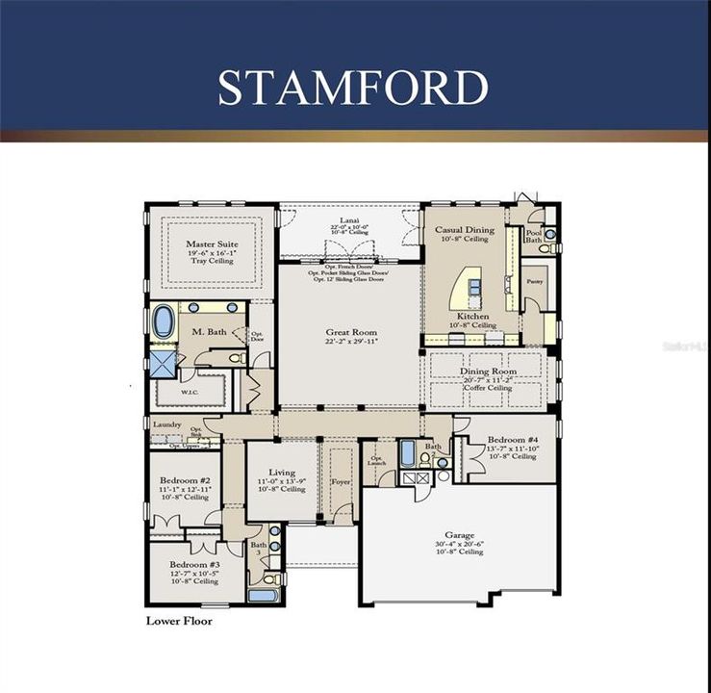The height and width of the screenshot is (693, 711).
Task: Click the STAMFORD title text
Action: [x=353, y=87]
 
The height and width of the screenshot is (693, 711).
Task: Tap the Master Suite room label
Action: [x=212, y=244]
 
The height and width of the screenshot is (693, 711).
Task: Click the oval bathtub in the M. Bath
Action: [x=164, y=321]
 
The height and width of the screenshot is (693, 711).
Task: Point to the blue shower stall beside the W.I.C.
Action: [x=160, y=363]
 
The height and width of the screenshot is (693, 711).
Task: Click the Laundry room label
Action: [x=167, y=424]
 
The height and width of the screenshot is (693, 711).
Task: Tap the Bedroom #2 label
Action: [x=185, y=480]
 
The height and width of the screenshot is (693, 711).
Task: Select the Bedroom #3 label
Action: [x=194, y=564]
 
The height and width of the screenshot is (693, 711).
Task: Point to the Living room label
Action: [x=282, y=473]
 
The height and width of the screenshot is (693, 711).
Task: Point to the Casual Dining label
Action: [x=465, y=230]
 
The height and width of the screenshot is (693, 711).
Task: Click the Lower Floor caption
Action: [x=178, y=621]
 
